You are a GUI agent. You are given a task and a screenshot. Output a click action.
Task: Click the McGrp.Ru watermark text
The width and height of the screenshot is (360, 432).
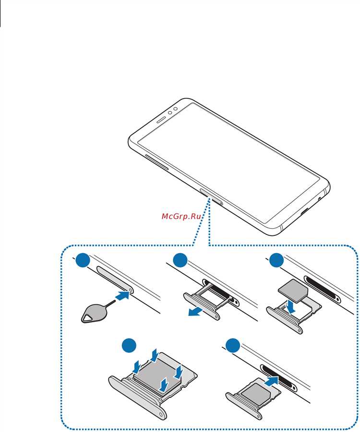(181, 216)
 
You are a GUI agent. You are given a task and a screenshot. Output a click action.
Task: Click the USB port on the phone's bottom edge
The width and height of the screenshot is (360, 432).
(305, 212)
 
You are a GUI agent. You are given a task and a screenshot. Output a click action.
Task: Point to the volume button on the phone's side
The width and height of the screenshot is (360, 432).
(156, 162)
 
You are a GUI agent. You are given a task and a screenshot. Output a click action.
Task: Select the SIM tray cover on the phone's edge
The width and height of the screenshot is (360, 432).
(211, 197)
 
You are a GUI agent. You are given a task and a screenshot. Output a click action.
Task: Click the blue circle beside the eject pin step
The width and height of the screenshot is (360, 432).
(83, 260)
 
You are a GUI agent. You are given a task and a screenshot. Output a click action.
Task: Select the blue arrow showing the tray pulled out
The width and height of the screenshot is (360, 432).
(195, 311)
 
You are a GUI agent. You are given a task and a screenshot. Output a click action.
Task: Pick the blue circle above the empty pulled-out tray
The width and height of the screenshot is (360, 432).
(180, 260)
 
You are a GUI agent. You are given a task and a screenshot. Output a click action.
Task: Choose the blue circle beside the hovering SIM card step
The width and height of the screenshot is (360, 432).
(276, 260)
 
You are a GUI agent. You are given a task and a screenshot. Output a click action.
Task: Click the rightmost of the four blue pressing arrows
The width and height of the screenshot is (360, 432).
(179, 372)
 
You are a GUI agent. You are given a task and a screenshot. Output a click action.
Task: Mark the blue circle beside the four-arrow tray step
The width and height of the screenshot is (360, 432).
(130, 346)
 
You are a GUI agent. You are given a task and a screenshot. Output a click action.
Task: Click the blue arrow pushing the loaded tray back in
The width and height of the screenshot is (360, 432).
(271, 382)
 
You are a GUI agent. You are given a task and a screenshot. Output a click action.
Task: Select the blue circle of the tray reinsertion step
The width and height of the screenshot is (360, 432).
(233, 345)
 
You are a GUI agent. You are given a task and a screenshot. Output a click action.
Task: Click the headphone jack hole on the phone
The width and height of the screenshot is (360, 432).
(320, 198)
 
